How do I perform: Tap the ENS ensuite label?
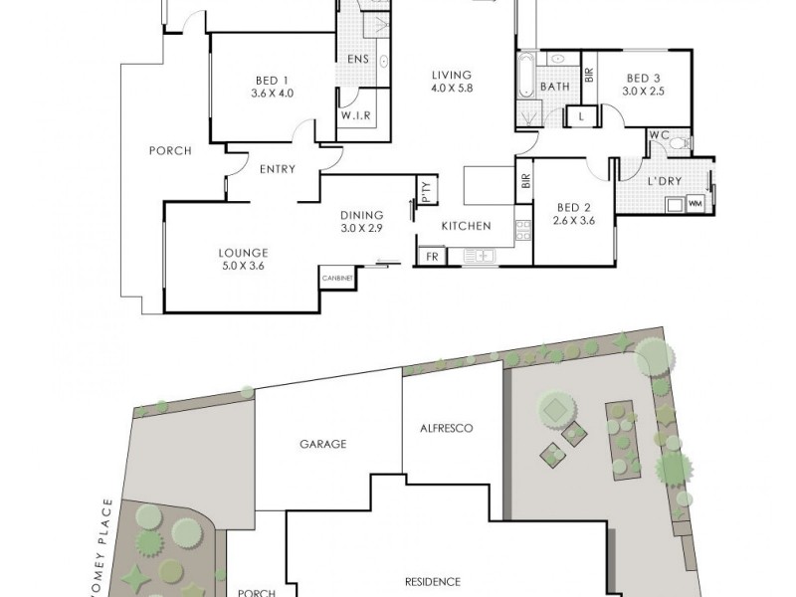click(358, 59)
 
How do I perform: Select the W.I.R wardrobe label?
click(357, 115)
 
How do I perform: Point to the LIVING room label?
click(451, 74)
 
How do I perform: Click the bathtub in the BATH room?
click(524, 87)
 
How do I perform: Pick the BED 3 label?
click(644, 79)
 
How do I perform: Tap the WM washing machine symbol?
click(695, 205)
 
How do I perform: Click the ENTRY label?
click(278, 169)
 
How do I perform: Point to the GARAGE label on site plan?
click(323, 444)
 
